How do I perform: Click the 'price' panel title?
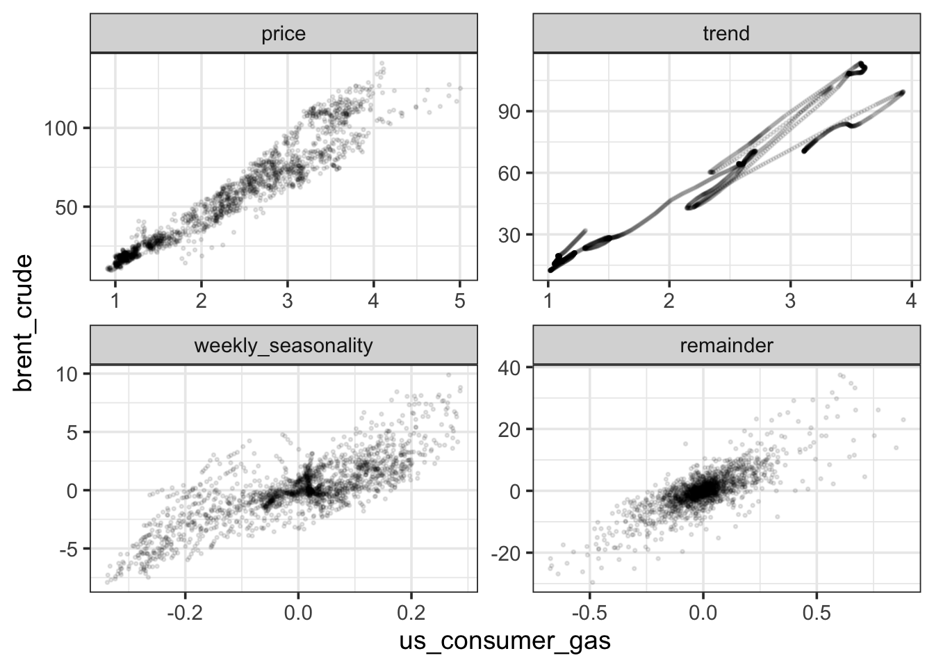(284, 34)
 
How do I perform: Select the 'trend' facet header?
(726, 34)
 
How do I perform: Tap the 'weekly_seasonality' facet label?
(284, 346)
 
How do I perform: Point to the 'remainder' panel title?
(726, 346)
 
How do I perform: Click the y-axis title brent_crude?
(24, 322)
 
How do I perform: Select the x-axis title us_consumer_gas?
(505, 641)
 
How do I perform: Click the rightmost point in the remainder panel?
(903, 420)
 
